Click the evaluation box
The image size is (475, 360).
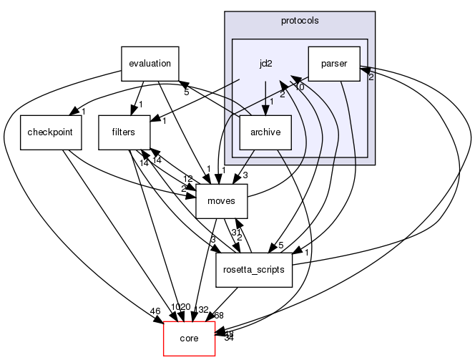(150, 63)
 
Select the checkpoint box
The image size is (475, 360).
(45, 132)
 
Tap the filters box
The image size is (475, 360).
(122, 132)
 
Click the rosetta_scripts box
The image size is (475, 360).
(253, 270)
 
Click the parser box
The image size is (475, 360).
(334, 64)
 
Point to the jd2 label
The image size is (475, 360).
(265, 64)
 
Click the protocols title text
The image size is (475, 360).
(300, 20)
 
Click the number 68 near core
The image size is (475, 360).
(218, 316)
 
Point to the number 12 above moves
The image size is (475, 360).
(187, 178)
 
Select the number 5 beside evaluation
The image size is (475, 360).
(186, 92)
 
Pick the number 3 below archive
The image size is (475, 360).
(245, 175)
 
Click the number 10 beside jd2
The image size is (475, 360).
(299, 87)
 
